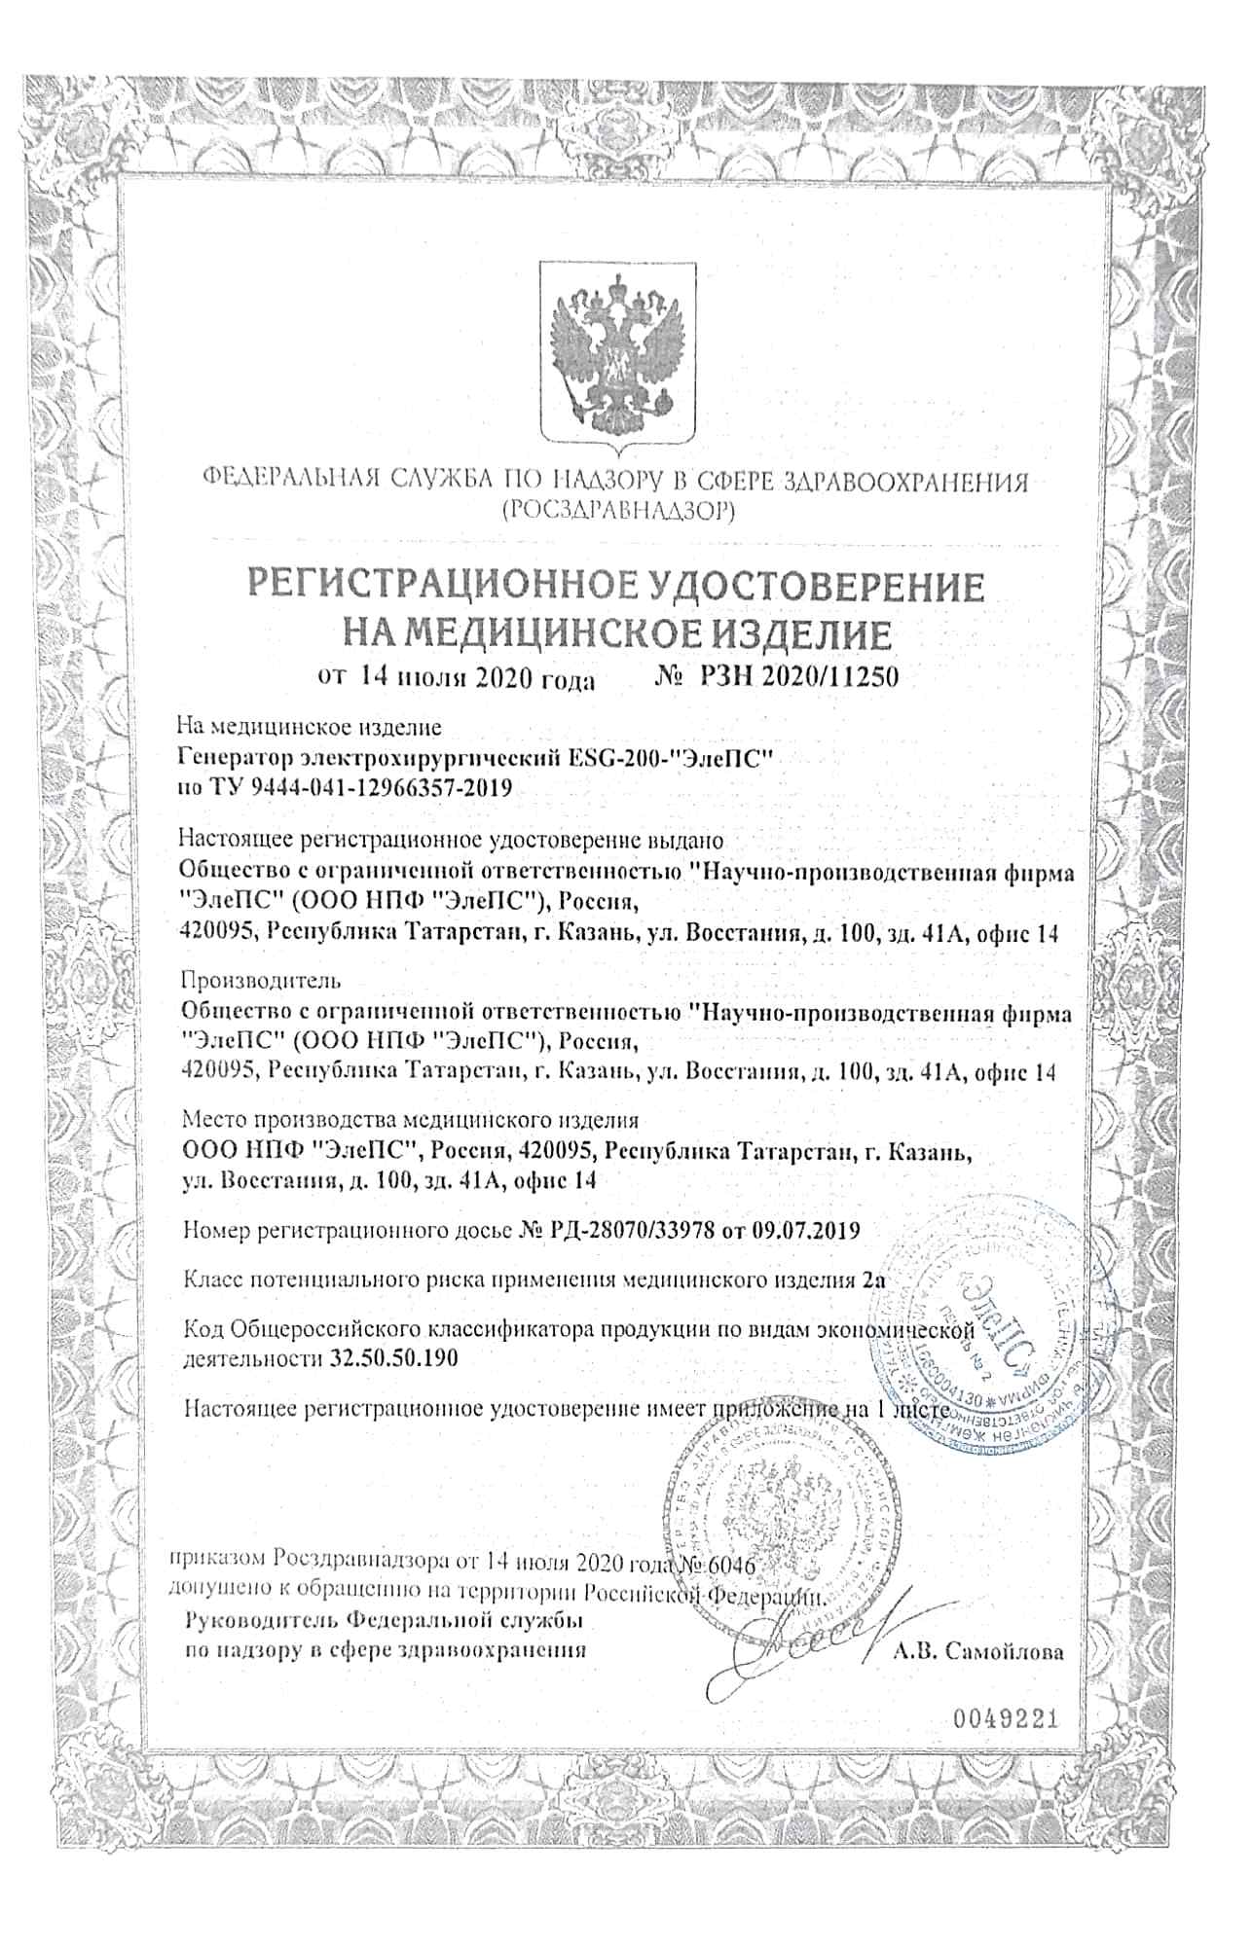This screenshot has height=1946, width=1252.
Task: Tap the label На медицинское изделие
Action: [309, 726]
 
